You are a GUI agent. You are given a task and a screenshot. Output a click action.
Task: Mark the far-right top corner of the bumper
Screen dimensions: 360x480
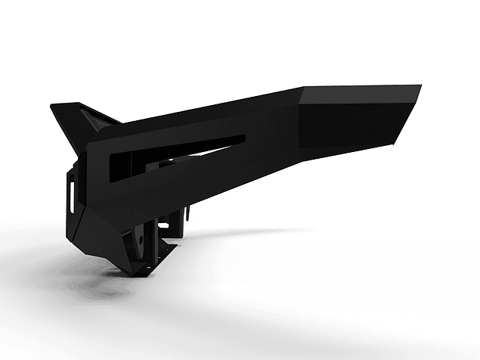point(420,86)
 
